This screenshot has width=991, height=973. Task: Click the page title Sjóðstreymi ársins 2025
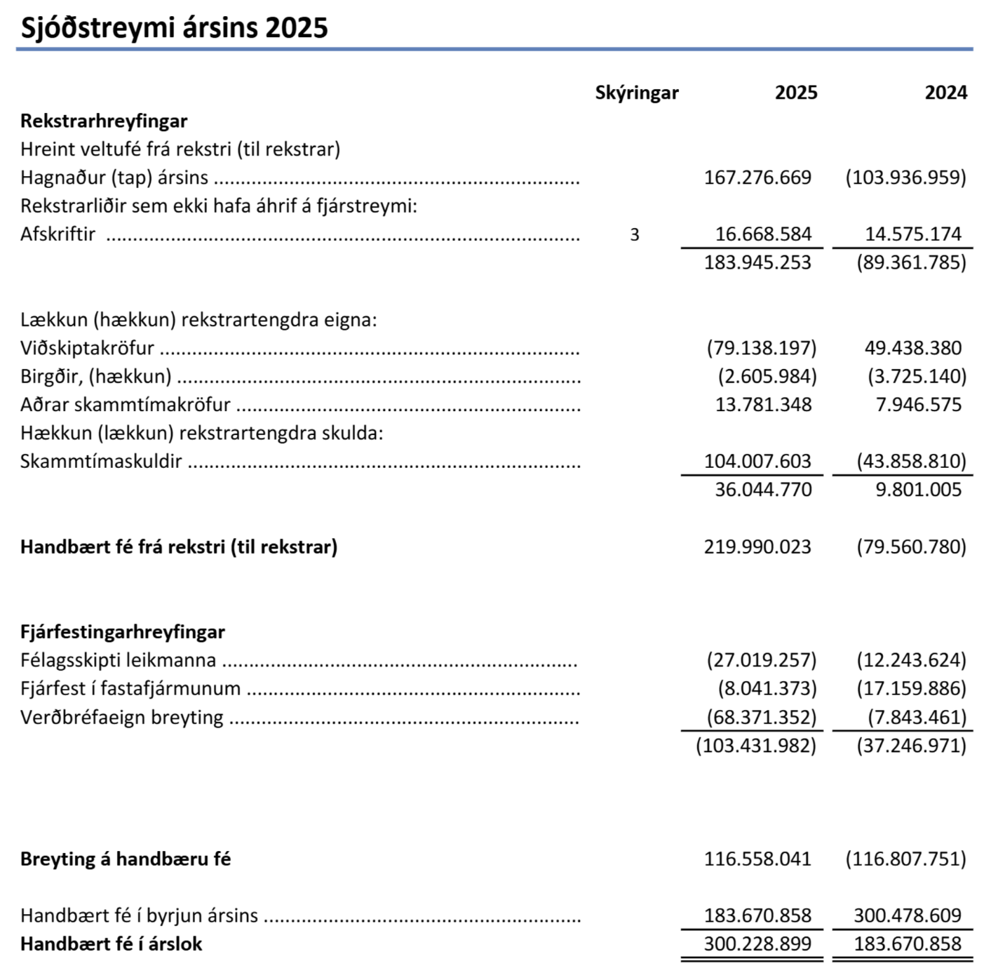174,28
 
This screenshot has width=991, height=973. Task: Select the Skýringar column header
636,93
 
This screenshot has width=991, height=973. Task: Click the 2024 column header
945,93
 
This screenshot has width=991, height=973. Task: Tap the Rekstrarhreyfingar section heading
104,121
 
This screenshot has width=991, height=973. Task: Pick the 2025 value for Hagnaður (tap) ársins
757,177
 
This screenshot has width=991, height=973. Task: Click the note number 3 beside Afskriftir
635,234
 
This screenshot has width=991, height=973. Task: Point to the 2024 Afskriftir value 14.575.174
912,234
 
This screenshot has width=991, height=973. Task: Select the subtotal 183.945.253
757,262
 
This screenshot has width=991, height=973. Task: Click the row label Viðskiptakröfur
87,348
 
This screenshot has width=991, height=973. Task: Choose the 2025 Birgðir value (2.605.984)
767,377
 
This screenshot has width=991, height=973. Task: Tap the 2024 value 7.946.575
918,405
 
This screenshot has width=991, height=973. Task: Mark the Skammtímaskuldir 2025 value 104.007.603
757,462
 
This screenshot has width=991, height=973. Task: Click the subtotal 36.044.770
763,490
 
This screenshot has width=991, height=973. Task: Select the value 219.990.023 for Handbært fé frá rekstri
757,547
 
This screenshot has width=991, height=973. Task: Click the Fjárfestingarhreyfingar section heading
123,632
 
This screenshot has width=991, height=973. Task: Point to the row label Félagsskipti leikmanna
118,661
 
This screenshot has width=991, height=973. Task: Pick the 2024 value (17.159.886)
911,689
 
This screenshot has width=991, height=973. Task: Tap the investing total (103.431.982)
756,746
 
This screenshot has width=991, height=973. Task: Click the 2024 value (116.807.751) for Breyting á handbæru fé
905,859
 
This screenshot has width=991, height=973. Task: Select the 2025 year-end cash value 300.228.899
757,944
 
